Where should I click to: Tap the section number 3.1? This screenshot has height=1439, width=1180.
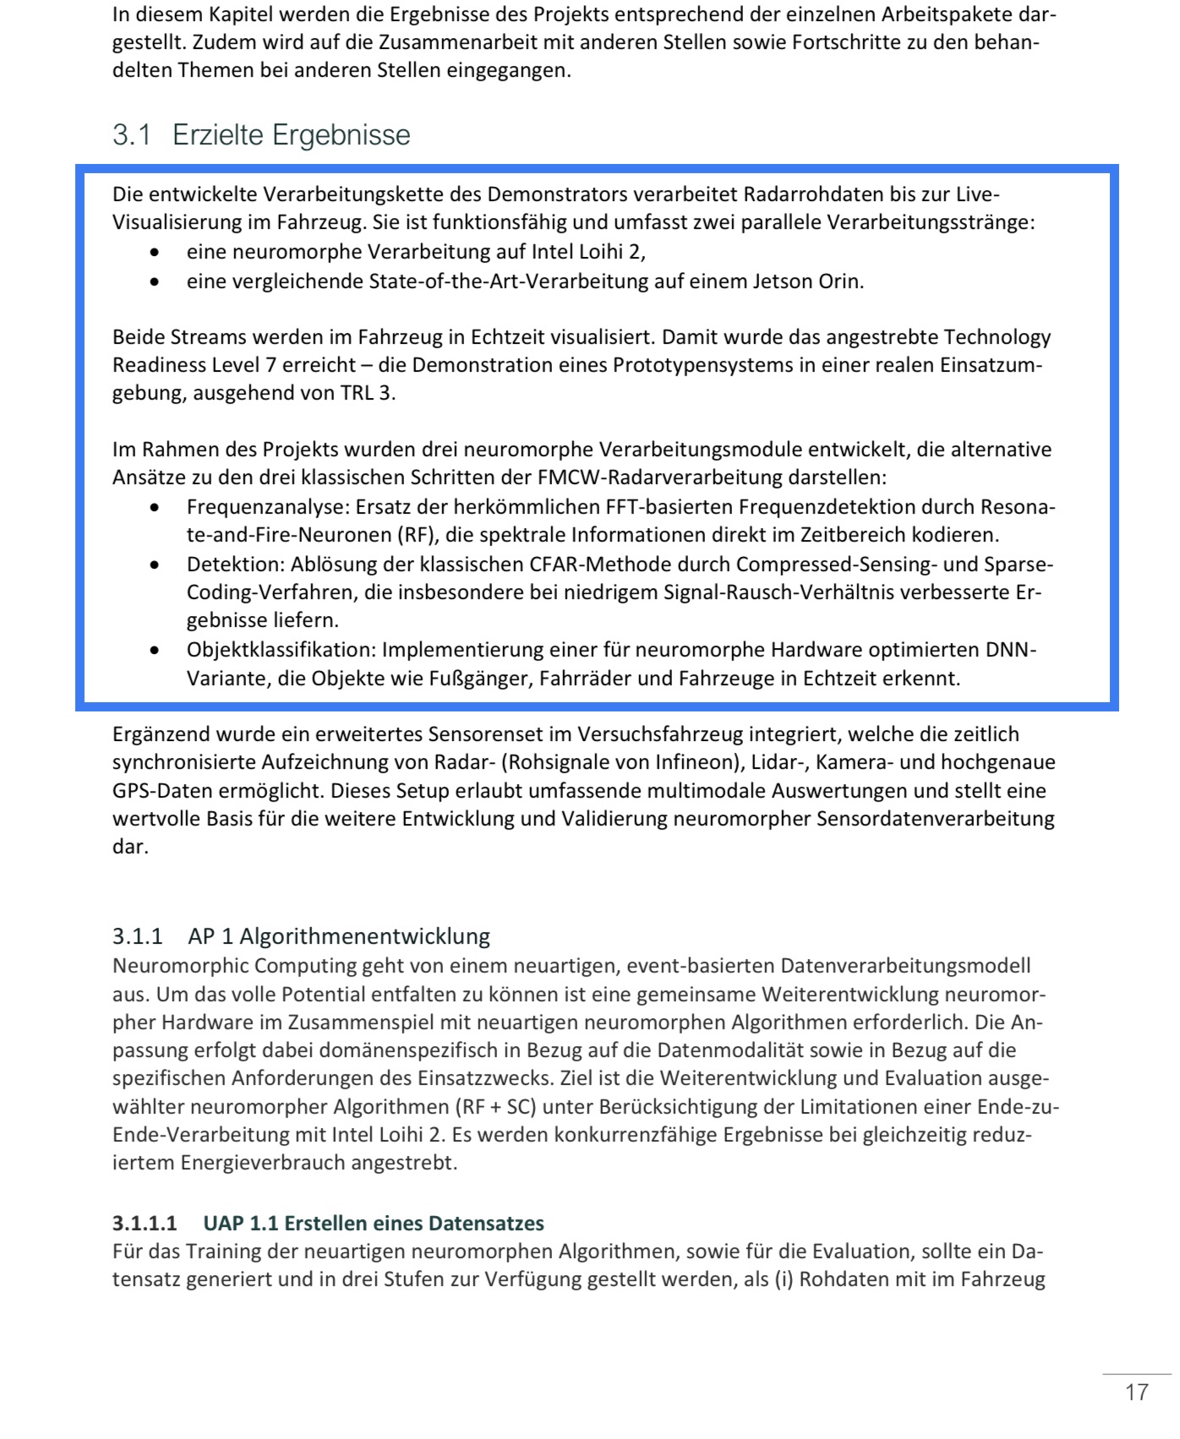click(132, 135)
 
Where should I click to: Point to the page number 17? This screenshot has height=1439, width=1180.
click(1137, 1393)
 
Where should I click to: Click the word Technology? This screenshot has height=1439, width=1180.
click(997, 337)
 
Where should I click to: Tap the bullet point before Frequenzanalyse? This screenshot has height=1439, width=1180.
click(154, 508)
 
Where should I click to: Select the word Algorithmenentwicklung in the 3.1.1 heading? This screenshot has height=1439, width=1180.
click(364, 936)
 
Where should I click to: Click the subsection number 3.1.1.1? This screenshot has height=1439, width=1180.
click(145, 1224)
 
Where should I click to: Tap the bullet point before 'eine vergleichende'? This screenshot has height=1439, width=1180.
click(154, 282)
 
